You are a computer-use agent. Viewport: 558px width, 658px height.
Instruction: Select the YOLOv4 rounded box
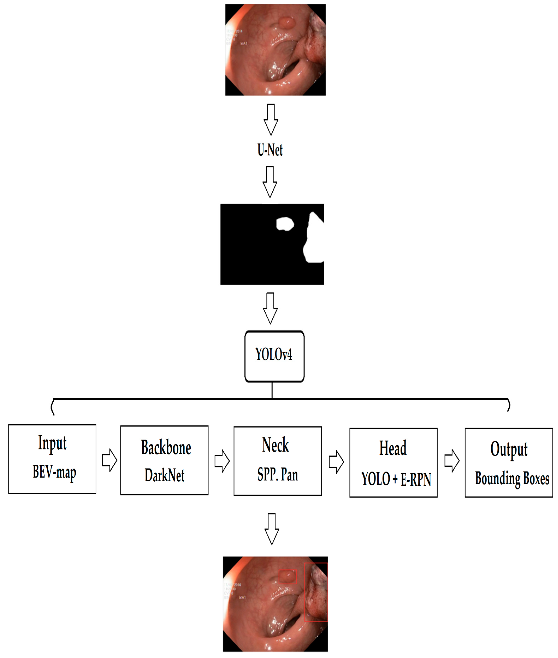click(274, 356)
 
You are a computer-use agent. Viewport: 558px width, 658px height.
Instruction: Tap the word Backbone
click(166, 448)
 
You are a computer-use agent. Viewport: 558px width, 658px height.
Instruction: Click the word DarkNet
click(165, 475)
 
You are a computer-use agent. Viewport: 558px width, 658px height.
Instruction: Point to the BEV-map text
click(54, 472)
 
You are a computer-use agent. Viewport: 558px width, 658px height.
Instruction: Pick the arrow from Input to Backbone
click(109, 460)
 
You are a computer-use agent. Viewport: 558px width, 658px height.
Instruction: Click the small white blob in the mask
click(285, 224)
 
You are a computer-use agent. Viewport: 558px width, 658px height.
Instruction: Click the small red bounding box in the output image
click(287, 576)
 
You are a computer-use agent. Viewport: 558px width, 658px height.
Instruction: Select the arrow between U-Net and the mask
click(270, 182)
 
